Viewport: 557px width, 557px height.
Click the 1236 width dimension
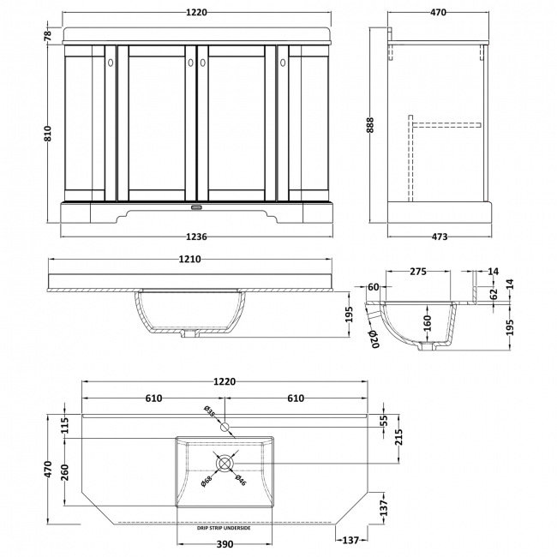click(196, 237)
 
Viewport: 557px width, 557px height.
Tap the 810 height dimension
click(48, 133)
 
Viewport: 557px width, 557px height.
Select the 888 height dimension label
click(369, 125)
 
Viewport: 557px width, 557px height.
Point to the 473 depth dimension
click(440, 237)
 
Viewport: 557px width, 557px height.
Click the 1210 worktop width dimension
click(189, 260)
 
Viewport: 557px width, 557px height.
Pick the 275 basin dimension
click(418, 272)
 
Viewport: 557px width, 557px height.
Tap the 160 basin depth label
click(427, 323)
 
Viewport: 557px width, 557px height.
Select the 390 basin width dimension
click(225, 544)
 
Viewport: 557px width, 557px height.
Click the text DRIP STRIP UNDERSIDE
click(224, 528)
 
